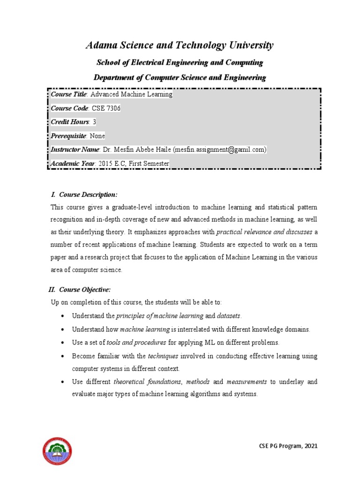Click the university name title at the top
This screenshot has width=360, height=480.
180,45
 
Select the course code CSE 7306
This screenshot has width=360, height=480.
106,108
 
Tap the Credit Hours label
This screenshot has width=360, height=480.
70,122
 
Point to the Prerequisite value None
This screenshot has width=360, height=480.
97,136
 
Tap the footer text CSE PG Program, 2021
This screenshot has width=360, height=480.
288,446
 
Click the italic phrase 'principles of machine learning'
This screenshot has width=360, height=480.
160,316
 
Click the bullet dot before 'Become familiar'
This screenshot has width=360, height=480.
62,356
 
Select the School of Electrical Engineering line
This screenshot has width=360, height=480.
180,62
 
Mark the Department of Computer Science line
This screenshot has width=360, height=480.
180,77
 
